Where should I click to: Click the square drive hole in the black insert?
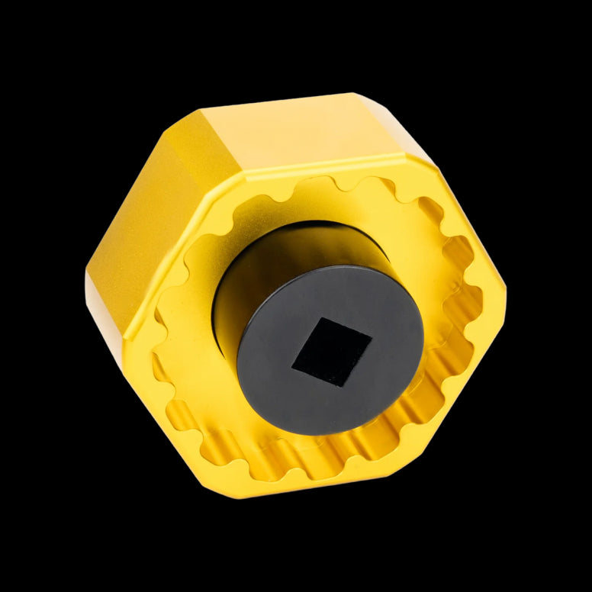point(332,352)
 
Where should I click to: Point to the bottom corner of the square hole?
point(341,386)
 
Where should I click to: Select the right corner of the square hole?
point(372,338)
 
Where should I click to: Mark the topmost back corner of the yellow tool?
point(352,95)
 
